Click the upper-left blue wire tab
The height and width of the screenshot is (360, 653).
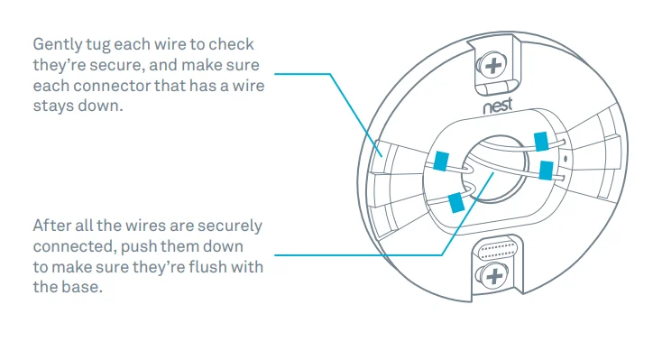[441, 161]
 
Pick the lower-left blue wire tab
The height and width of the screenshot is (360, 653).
[455, 201]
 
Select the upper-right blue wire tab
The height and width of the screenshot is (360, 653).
[541, 141]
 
